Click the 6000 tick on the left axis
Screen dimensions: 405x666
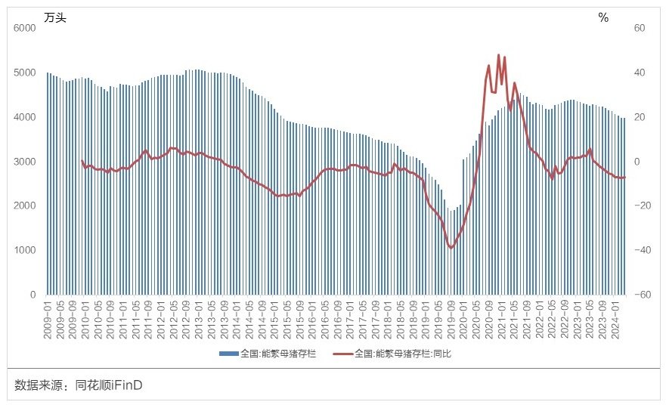[x=25, y=28]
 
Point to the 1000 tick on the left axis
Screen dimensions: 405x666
[x=25, y=250]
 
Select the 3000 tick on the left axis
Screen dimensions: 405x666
[x=25, y=162]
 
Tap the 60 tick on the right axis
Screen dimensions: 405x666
[x=639, y=28]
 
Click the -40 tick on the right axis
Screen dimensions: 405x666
[x=637, y=250]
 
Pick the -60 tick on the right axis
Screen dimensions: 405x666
[x=637, y=295]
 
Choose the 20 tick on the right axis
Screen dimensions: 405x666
[x=639, y=117]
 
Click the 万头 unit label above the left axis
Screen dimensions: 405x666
[x=55, y=17]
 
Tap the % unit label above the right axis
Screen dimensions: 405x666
[x=603, y=17]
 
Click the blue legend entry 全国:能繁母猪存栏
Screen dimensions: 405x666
[x=272, y=354]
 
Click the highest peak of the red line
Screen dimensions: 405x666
[x=498, y=54]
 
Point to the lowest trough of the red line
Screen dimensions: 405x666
[x=451, y=248]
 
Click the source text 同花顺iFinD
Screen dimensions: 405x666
[x=110, y=386]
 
